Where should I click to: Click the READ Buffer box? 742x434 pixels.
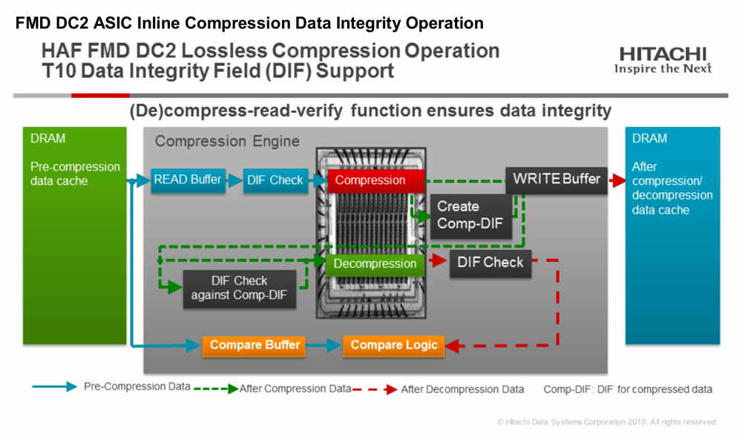pos(188,180)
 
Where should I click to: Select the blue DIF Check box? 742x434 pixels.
pos(275,180)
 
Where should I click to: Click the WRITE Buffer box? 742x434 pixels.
pos(556,180)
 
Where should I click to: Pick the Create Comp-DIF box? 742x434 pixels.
pos(471,217)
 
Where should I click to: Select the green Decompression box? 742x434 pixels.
pos(375,263)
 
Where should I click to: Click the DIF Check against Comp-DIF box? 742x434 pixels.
pos(240,289)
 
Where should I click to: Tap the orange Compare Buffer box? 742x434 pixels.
pos(254,346)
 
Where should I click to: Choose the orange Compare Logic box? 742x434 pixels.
pos(394,346)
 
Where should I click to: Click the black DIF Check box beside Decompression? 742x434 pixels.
pos(490,263)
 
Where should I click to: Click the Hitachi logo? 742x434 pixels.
pos(663,60)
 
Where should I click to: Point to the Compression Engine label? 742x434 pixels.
pos(227,141)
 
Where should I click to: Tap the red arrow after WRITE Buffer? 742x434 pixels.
pos(617,180)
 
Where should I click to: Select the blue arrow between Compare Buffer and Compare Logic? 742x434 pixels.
pos(324,346)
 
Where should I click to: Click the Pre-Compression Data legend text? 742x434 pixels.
pos(137,387)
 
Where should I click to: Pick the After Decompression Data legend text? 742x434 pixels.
pos(462,389)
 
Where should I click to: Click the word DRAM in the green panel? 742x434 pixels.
pos(47,139)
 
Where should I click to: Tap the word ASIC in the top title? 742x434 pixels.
pos(113,23)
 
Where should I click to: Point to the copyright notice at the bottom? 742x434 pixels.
pos(607,421)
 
